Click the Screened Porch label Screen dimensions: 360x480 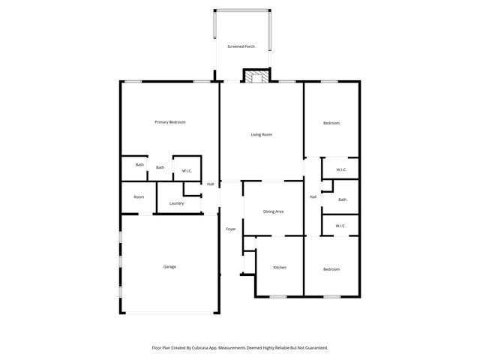click(x=241, y=46)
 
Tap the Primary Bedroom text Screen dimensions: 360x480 click(x=170, y=122)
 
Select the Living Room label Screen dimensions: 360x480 click(x=261, y=134)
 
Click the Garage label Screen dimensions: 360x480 click(x=170, y=266)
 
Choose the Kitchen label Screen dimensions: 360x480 click(x=279, y=268)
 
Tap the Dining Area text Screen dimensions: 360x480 click(x=273, y=211)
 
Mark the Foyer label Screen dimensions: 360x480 click(x=231, y=229)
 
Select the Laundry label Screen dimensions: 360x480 click(x=177, y=203)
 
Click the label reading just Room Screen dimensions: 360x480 click(x=139, y=196)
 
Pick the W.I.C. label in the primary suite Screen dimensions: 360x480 click(x=187, y=171)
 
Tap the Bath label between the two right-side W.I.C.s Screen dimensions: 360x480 click(x=342, y=199)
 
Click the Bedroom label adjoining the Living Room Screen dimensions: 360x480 click(x=331, y=123)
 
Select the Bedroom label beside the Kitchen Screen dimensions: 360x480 click(x=331, y=268)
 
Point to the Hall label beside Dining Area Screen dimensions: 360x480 click(x=313, y=196)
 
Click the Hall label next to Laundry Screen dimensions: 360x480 click(x=211, y=184)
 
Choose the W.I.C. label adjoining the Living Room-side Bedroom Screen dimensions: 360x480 click(x=341, y=169)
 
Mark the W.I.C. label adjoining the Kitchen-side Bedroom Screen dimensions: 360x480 click(x=340, y=226)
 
